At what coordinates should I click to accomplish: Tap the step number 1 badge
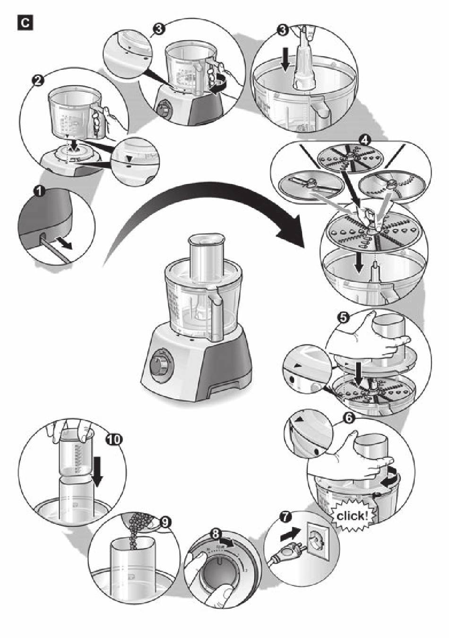(x=39, y=192)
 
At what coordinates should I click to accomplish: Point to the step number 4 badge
(x=364, y=140)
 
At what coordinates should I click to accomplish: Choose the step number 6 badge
(x=347, y=418)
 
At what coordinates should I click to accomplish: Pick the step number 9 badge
(x=165, y=522)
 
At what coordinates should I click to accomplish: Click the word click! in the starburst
(x=351, y=515)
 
